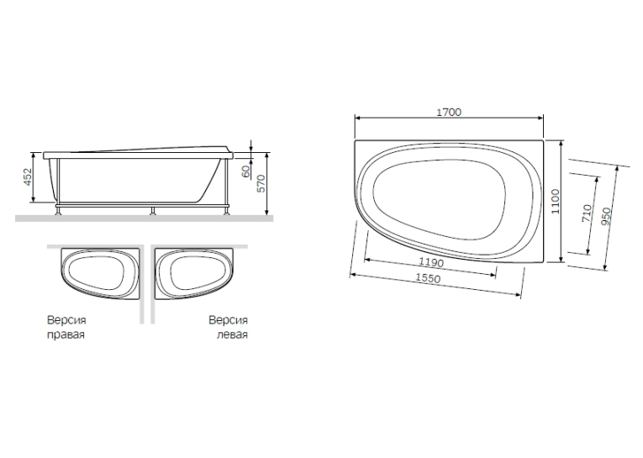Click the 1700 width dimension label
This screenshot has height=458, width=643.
tap(449, 112)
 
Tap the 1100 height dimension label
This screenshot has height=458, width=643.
tap(556, 202)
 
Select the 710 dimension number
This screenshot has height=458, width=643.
tap(587, 213)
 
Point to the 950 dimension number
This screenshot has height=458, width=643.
tap(607, 216)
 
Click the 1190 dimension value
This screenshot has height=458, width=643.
tap(431, 261)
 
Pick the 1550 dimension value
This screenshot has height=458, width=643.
tap(428, 278)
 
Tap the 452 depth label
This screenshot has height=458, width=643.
tap(27, 176)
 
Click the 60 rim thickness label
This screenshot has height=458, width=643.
tap(245, 171)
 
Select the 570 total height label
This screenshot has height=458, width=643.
tap(261, 183)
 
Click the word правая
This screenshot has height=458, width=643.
tap(66, 334)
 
